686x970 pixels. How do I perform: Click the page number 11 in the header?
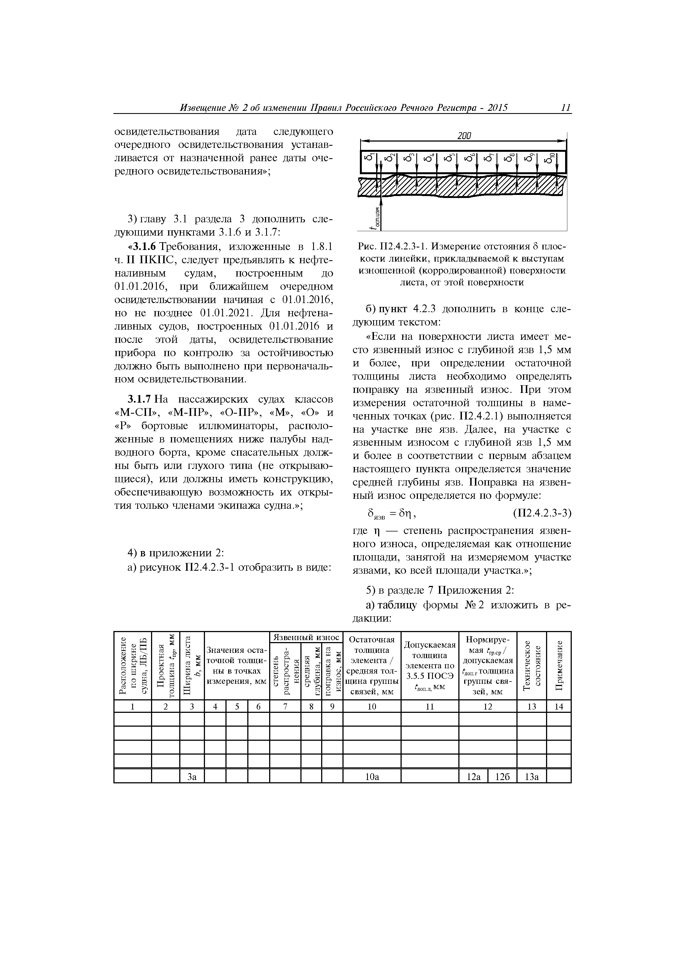coord(566,108)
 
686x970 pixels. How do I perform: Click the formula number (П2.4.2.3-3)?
coord(542,513)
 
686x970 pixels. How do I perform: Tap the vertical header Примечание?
coord(559,665)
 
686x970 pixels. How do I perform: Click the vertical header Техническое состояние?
coord(532,665)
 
